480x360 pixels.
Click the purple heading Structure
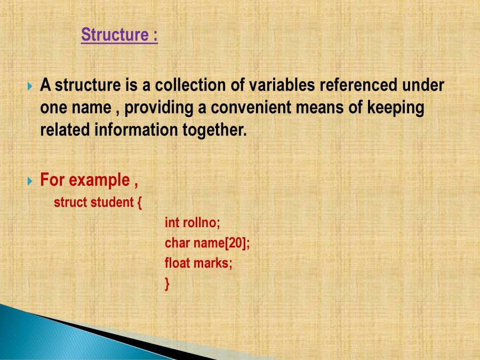[114, 35]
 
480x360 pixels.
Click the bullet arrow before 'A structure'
[30, 86]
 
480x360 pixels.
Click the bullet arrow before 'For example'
[30, 181]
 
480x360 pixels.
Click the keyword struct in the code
[70, 203]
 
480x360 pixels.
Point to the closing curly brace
[167, 284]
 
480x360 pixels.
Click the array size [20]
[234, 243]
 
